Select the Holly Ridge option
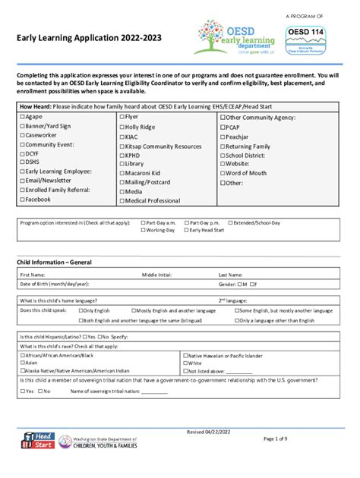click(122, 127)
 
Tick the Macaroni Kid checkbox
click(122, 173)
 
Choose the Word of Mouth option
click(223, 173)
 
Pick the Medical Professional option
click(122, 200)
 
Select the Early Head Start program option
click(187, 229)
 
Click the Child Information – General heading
click(55, 262)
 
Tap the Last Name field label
click(231, 275)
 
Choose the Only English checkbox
click(79, 310)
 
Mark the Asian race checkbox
click(22, 363)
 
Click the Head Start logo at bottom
click(39, 441)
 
